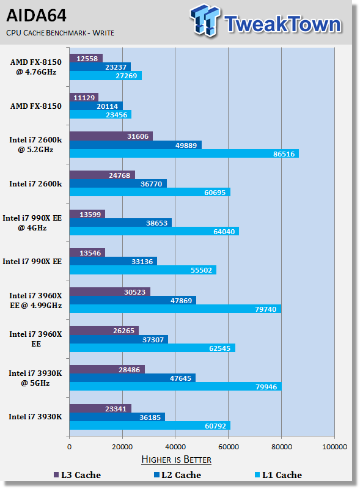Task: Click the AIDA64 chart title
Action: (36, 16)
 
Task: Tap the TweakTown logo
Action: (266, 21)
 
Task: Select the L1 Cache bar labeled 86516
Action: (184, 153)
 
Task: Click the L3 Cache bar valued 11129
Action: (84, 97)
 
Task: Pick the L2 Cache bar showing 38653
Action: (120, 222)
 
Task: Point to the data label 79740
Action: (266, 309)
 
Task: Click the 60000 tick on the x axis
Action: (229, 447)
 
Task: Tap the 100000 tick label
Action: (334, 447)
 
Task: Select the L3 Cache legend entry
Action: (77, 475)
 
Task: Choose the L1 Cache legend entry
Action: (278, 475)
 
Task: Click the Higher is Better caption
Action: (176, 460)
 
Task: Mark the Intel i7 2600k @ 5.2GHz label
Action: (35, 145)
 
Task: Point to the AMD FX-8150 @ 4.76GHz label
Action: (36, 67)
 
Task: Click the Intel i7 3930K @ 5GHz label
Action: (35, 378)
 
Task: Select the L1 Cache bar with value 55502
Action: (143, 270)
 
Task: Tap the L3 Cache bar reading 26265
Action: (104, 331)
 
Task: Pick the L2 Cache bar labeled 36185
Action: (117, 417)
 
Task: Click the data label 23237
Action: (116, 67)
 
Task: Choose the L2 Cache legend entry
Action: (177, 475)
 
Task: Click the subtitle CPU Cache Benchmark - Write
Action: (61, 33)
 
